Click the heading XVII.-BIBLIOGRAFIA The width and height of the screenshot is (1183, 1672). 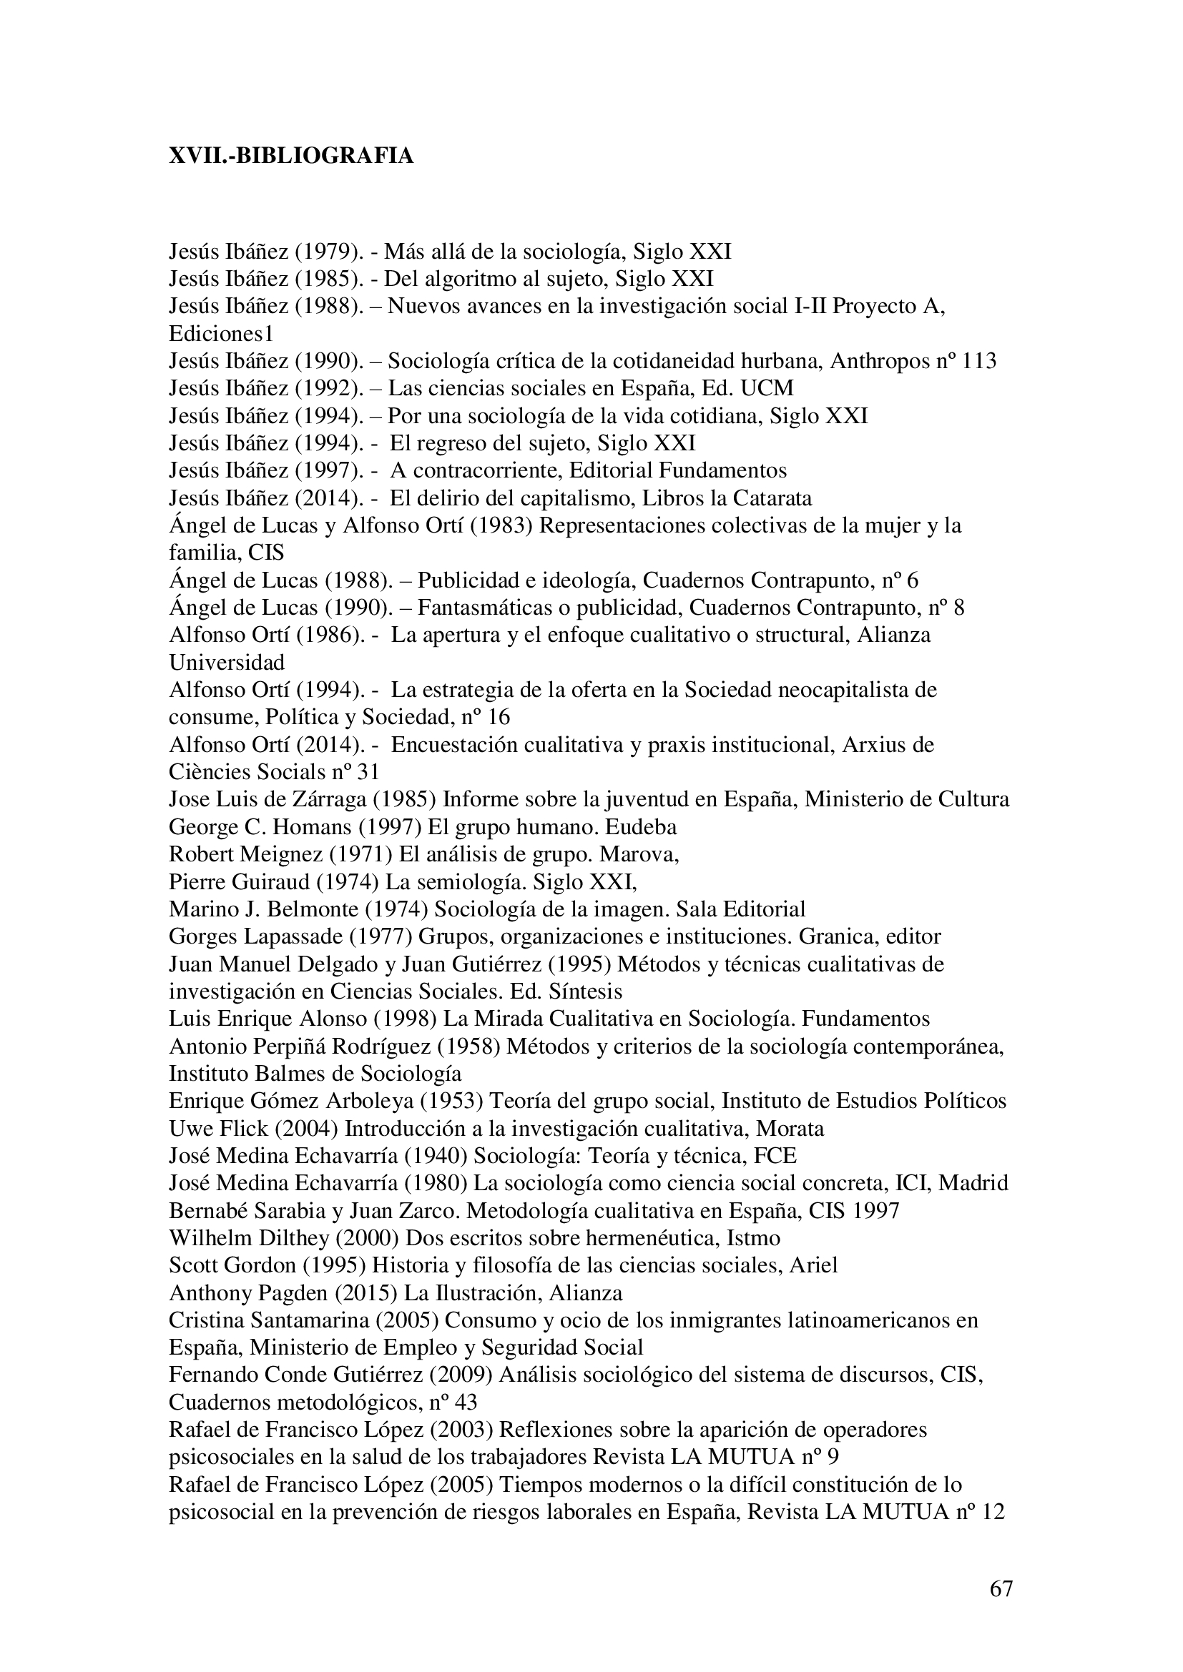[x=291, y=156]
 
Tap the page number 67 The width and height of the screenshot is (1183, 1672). [x=1001, y=1588]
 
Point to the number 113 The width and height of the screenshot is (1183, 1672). [x=978, y=361]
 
